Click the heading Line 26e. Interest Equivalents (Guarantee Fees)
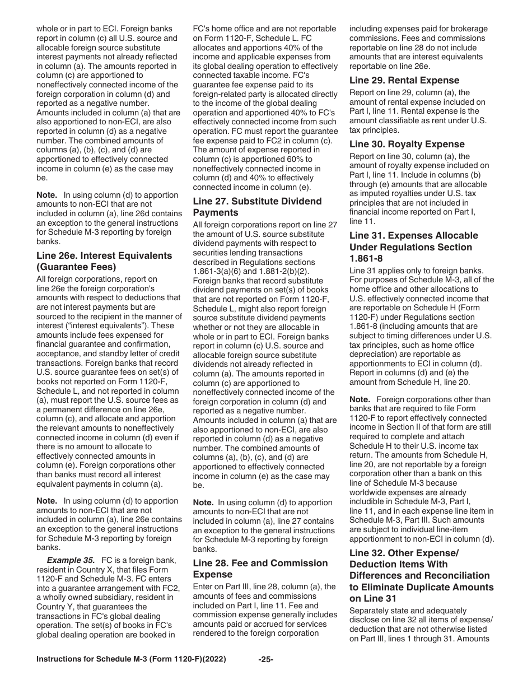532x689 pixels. click(104, 261)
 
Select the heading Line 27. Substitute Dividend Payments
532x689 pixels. click(257, 207)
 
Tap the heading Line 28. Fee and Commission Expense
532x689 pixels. click(260, 569)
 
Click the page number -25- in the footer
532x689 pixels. click(265, 675)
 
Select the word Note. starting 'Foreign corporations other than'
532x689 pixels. click(360, 399)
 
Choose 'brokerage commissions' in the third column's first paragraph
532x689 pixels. click(418, 34)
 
